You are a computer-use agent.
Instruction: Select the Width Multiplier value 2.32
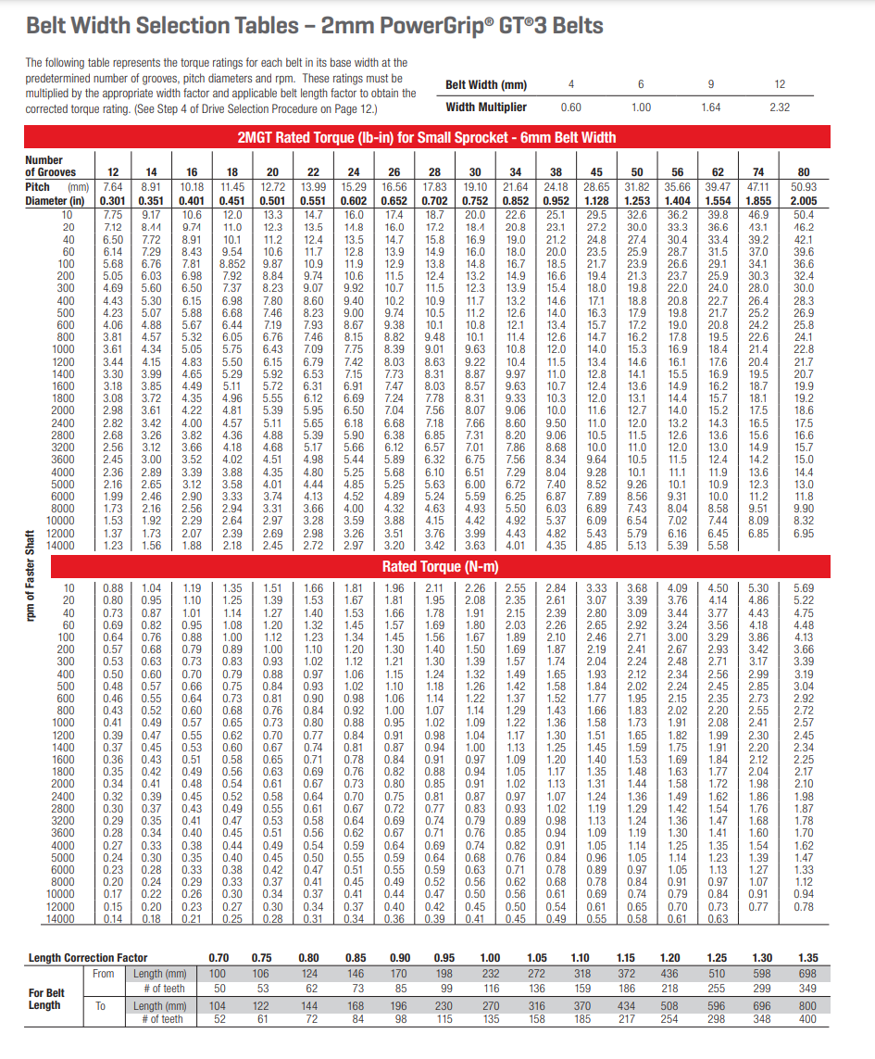780,107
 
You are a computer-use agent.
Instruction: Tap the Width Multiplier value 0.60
571,107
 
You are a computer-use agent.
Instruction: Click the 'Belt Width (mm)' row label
486,85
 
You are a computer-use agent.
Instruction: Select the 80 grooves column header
803,172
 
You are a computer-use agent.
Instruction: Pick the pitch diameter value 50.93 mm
803,186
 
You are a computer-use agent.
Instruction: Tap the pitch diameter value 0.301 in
113,200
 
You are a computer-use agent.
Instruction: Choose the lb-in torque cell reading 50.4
803,215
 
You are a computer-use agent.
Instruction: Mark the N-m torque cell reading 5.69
803,587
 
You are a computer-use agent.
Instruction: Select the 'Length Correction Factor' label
88,958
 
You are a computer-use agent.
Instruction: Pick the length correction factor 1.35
808,958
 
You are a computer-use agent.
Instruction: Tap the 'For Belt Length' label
45,999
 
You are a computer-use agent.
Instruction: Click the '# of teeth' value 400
808,1019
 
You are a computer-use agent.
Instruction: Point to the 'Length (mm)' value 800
808,1006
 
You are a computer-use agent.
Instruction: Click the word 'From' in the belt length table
104,973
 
